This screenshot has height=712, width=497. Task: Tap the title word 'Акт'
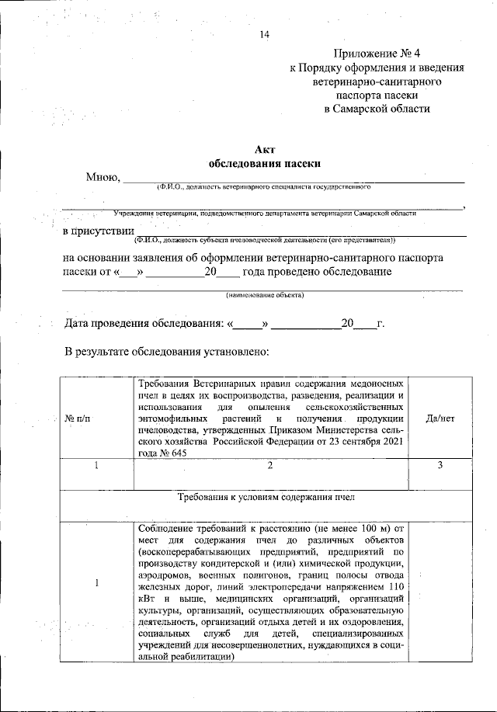264,150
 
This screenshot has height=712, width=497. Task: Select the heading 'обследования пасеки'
264,164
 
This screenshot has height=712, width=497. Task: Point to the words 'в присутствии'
98,231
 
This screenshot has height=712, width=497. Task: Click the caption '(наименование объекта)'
264,295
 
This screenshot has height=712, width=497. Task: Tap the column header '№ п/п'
78,419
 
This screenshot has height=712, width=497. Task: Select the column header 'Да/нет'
440,419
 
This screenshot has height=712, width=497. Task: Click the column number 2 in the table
269,465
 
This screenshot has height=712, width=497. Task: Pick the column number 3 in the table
440,465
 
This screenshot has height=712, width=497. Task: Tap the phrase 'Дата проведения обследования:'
144,323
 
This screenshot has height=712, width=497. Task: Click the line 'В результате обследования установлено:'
166,352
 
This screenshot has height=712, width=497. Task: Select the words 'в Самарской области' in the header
377,109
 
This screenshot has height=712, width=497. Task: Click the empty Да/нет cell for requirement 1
440,590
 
